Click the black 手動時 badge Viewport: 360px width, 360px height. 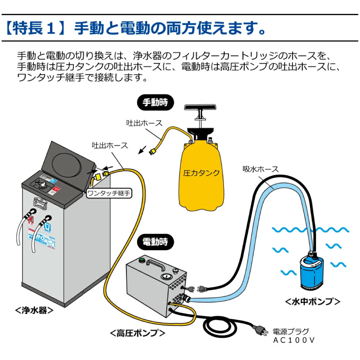point(155,102)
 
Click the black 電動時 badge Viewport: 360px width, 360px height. point(155,242)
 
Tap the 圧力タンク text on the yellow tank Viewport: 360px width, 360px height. point(201,173)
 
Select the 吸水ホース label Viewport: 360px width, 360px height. point(261,169)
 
